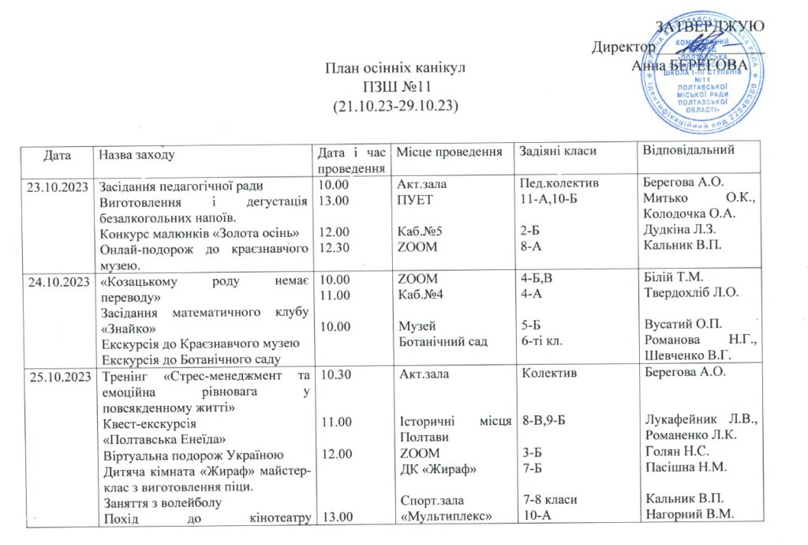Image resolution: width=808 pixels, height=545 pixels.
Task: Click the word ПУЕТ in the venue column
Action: click(x=416, y=201)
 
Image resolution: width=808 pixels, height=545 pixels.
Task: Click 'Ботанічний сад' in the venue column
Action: click(x=443, y=341)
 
